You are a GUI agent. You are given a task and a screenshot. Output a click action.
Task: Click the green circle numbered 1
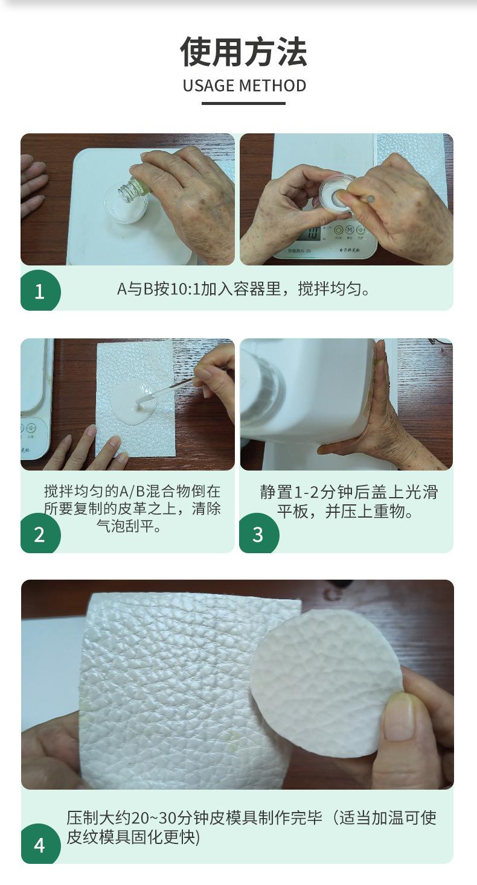[40, 290]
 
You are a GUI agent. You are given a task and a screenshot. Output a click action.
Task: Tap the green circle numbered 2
[40, 533]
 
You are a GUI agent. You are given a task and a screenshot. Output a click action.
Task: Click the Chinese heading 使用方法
[244, 51]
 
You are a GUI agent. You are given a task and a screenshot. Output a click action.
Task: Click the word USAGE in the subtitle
[208, 86]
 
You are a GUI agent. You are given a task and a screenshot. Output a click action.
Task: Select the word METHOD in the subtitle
[273, 86]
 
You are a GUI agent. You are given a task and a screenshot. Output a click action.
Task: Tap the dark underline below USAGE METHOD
[244, 104]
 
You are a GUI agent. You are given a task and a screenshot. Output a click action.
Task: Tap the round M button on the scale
[350, 230]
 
